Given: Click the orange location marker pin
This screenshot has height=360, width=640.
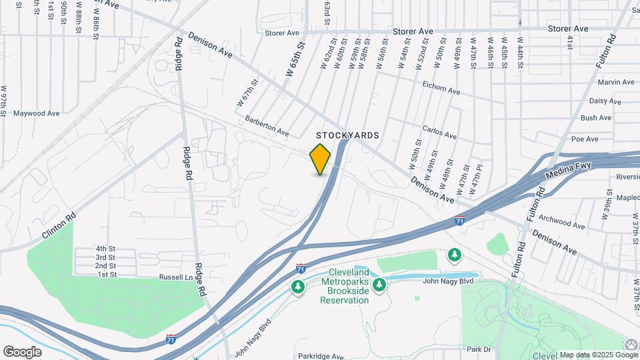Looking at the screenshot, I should click(320, 159).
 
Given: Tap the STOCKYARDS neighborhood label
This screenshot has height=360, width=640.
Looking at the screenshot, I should click(348, 135).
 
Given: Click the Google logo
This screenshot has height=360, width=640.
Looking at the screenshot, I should click(22, 351).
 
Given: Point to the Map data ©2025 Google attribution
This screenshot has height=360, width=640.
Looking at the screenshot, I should click(589, 355).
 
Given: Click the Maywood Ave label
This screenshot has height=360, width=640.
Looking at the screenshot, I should click(37, 113).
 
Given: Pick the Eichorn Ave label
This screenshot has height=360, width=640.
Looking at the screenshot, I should click(441, 87).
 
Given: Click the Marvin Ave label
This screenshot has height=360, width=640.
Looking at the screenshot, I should click(616, 83).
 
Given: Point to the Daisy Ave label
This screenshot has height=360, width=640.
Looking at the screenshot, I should click(605, 101).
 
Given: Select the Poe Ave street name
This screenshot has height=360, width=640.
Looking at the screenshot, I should click(585, 139).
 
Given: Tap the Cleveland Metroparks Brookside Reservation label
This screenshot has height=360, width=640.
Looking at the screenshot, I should click(345, 287).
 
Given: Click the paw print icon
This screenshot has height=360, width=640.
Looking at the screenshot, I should click(631, 345).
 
